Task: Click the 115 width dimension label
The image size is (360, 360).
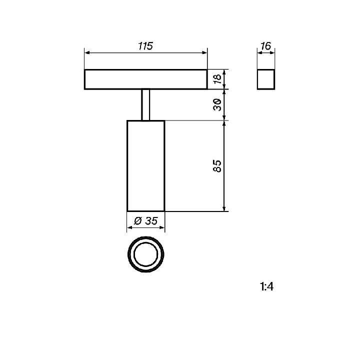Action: [x=145, y=46]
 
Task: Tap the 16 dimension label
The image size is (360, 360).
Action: [x=266, y=46]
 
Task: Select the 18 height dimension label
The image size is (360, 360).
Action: [x=217, y=79]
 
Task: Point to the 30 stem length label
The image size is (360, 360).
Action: [x=217, y=104]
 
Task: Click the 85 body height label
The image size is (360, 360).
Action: [x=217, y=166]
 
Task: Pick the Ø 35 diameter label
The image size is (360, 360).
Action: [x=146, y=221]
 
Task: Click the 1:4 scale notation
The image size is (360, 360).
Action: [x=266, y=286]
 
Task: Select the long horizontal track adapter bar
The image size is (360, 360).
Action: [x=146, y=69]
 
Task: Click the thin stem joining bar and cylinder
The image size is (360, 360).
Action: [x=142, y=104]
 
